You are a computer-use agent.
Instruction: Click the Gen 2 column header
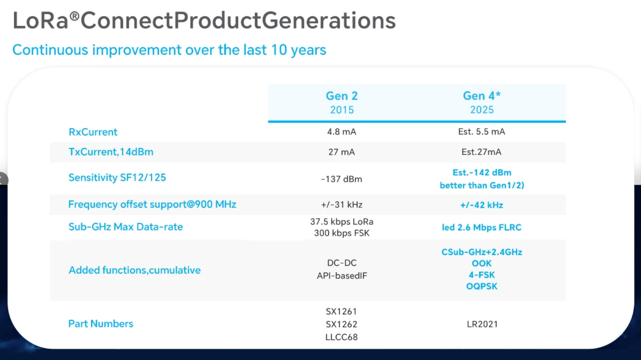tap(342, 96)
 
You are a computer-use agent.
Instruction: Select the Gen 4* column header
tap(482, 96)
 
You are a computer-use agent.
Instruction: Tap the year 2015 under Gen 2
tap(342, 110)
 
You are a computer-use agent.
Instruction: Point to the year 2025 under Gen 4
tap(482, 109)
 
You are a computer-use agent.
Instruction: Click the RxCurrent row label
tap(93, 132)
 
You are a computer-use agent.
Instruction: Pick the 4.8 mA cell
tap(342, 132)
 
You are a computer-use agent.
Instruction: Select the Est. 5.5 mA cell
tap(482, 132)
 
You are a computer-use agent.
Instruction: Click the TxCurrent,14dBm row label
tap(111, 152)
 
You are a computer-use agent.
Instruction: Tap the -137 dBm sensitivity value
tap(342, 179)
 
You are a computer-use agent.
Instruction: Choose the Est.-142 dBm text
tap(482, 172)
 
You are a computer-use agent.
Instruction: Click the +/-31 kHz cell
tap(342, 205)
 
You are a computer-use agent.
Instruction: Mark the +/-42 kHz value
tap(482, 205)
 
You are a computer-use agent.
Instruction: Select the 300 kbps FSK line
tap(342, 233)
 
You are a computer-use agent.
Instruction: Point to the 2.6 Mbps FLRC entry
tap(489, 228)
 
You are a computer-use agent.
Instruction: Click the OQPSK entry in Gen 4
tap(482, 286)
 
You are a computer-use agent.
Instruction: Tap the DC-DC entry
tap(342, 263)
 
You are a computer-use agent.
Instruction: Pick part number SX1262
tap(341, 324)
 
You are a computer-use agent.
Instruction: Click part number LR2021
tap(482, 324)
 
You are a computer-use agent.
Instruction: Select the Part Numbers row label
tap(101, 324)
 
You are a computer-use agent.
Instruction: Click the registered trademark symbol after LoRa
tap(75, 16)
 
